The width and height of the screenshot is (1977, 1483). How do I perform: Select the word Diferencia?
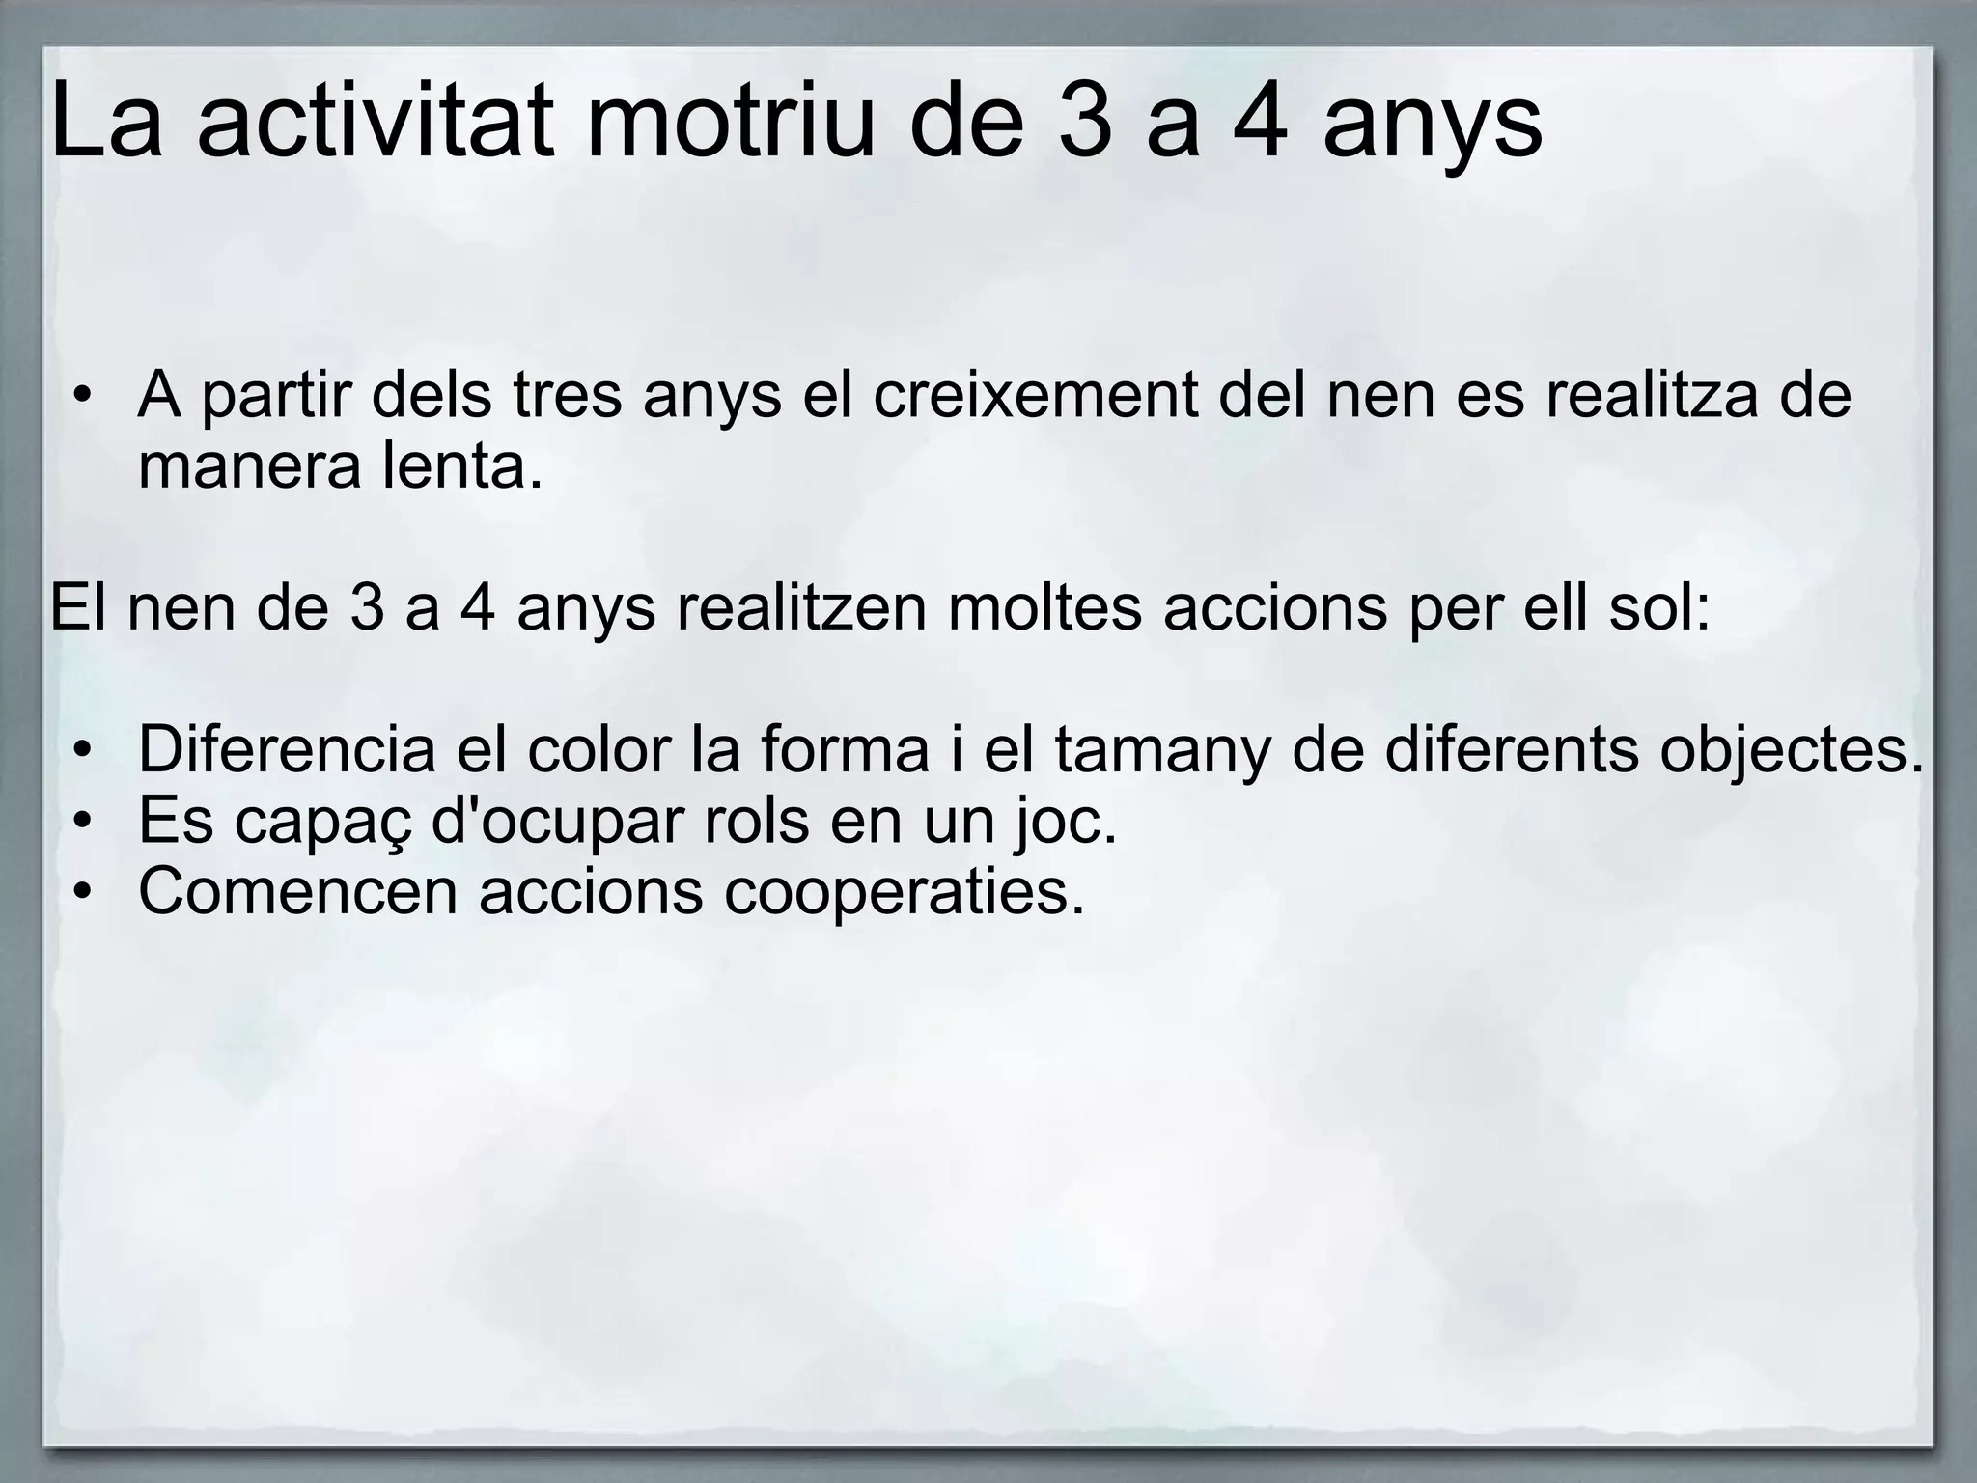point(287,750)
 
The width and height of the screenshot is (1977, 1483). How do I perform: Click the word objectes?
point(1791,750)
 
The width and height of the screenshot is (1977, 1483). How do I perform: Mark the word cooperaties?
point(904,892)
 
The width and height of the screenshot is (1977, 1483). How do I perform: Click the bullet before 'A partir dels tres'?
point(85,398)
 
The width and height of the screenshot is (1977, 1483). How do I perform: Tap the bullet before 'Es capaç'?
point(85,823)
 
